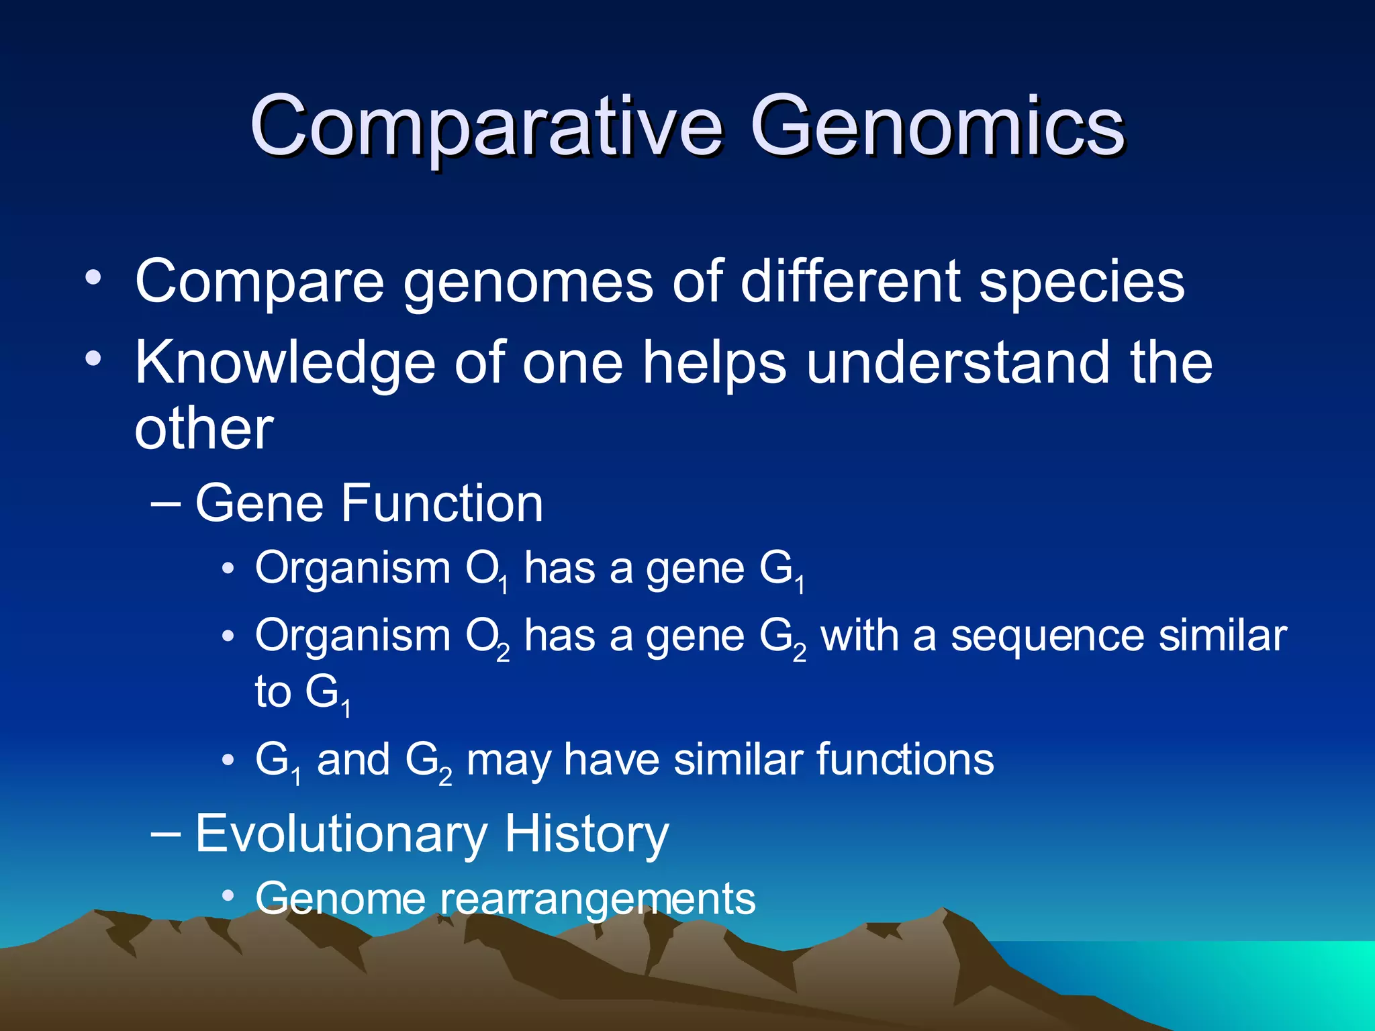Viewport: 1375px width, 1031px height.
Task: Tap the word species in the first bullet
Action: pos(1082,282)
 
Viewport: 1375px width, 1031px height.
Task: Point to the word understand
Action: pos(957,362)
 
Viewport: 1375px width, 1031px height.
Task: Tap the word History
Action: pos(586,834)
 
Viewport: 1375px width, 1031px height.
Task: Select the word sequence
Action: pos(1047,636)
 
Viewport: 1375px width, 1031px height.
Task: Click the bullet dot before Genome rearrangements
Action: pos(228,895)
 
